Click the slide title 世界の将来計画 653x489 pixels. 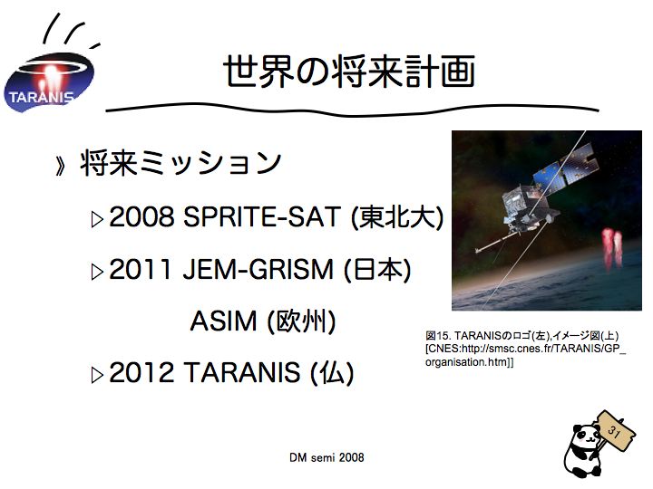tap(349, 72)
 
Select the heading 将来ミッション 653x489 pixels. tap(180, 163)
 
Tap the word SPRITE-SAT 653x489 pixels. tap(262, 216)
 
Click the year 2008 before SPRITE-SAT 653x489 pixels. tap(141, 216)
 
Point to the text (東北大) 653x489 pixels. tap(398, 217)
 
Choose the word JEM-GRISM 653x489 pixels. tap(258, 269)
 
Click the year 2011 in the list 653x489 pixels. tap(141, 269)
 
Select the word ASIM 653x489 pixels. tap(223, 321)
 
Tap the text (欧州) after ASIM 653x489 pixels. tap(301, 321)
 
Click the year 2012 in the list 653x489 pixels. tap(141, 372)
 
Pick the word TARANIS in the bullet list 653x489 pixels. tap(241, 372)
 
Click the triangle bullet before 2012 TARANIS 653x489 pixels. tap(97, 375)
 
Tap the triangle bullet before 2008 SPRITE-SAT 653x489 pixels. tap(97, 219)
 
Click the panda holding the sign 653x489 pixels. tap(583, 450)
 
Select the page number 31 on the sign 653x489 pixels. tap(614, 431)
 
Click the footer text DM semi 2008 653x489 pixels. tap(326, 457)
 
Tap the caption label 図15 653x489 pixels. tap(438, 335)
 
